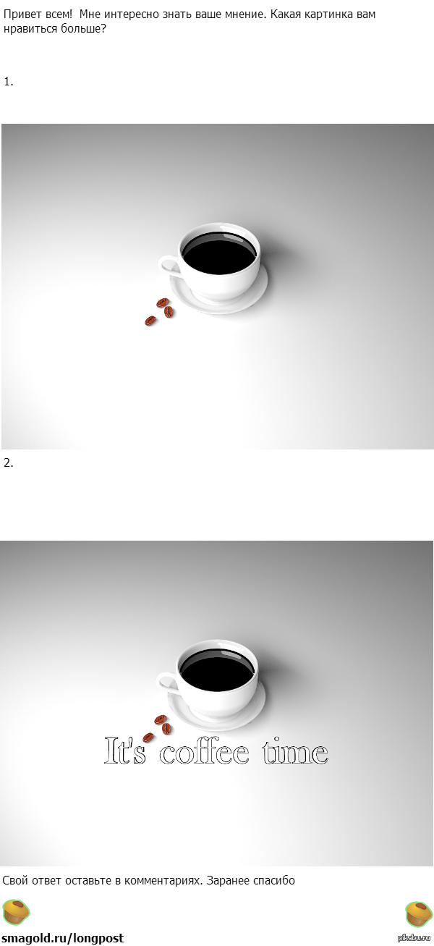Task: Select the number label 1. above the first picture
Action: pyautogui.click(x=9, y=82)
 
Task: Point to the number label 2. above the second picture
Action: pyautogui.click(x=9, y=463)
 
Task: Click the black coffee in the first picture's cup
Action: pyautogui.click(x=219, y=252)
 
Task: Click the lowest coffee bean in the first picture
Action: pyautogui.click(x=150, y=321)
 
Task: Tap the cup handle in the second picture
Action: pyautogui.click(x=168, y=683)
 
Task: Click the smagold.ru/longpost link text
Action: pyautogui.click(x=63, y=938)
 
